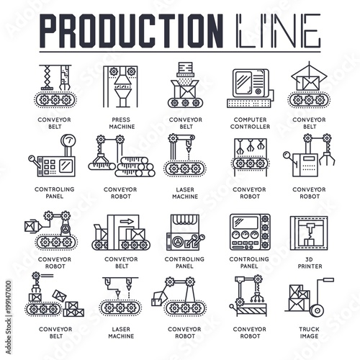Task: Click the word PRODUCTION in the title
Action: (131, 30)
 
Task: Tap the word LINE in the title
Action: (279, 30)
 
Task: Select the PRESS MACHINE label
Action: (122, 123)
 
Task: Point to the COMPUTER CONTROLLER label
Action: (250, 123)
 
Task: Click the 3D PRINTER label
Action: (310, 263)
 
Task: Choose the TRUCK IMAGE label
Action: (309, 333)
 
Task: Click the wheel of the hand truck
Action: (318, 311)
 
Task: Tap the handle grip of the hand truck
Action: (328, 280)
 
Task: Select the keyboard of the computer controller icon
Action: (249, 103)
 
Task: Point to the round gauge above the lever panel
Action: (68, 141)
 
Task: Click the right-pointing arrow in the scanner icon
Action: (127, 221)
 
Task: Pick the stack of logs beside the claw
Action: (135, 167)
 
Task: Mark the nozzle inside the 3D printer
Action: (310, 228)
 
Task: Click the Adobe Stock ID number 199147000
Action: (9, 297)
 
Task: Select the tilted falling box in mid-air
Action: (59, 295)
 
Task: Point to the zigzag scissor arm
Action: (47, 76)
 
